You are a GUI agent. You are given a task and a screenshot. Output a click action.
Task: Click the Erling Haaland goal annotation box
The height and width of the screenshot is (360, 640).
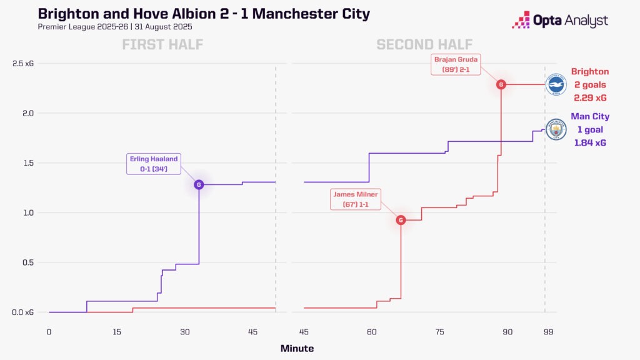click(152, 164)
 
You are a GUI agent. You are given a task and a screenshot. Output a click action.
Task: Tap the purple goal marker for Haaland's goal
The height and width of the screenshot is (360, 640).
click(199, 184)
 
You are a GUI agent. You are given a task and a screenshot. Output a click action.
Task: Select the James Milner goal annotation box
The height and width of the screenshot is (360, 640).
click(356, 200)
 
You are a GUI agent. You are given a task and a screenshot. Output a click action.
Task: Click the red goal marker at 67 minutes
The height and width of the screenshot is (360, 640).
click(401, 220)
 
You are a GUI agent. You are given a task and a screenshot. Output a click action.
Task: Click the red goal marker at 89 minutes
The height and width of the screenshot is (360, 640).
click(501, 84)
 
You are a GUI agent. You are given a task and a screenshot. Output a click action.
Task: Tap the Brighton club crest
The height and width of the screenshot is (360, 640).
click(555, 84)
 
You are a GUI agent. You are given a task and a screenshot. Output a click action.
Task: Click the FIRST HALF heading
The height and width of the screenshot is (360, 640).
click(162, 44)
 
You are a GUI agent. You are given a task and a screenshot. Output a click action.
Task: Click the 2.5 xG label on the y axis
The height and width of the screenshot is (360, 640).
click(23, 64)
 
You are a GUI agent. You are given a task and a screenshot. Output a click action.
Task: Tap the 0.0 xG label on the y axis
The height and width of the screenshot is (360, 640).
click(23, 312)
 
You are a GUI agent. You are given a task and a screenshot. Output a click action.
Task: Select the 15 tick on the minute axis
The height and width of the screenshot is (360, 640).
click(117, 332)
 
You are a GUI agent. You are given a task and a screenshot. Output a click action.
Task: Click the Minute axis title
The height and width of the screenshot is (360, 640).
click(297, 348)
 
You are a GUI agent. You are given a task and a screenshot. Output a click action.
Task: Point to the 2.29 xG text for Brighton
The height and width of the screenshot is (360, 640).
click(590, 98)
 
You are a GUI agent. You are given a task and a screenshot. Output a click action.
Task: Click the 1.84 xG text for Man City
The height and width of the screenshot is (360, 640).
click(590, 143)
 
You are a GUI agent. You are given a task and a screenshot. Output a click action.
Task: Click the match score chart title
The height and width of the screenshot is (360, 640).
click(204, 14)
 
